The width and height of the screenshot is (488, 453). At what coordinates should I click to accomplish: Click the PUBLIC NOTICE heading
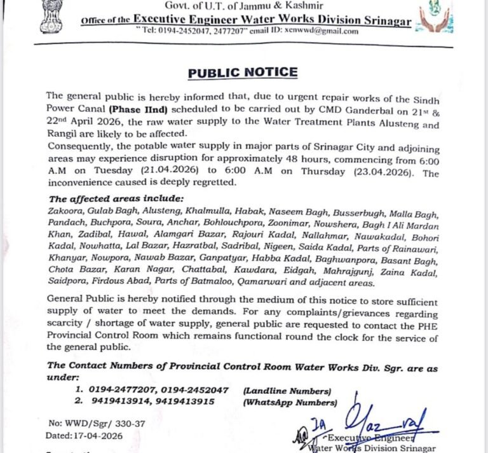click(x=243, y=72)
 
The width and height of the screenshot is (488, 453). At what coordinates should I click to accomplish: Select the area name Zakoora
click(x=64, y=211)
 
